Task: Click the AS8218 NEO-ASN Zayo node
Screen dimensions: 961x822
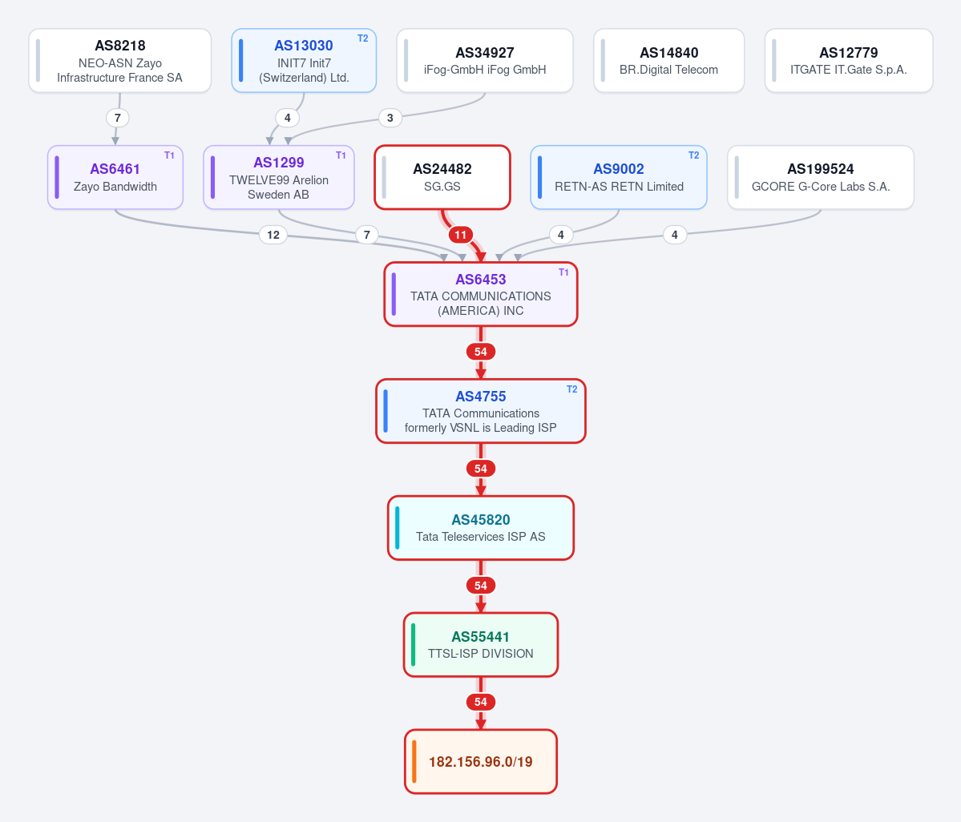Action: tap(120, 61)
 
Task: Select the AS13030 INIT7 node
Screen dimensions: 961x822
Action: tap(304, 61)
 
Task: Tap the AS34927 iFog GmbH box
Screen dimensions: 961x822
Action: tap(485, 61)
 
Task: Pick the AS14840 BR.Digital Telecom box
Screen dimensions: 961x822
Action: tap(668, 61)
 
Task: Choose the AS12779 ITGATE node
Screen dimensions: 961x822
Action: tap(849, 61)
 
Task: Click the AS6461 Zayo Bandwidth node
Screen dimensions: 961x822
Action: tap(115, 177)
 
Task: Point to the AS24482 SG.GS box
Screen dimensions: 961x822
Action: tap(442, 177)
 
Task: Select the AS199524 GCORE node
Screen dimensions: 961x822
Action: tap(821, 177)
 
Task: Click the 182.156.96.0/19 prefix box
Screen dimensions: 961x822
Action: tap(481, 761)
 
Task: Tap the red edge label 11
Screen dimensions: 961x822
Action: tap(461, 235)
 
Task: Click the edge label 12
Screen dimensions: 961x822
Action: tap(273, 235)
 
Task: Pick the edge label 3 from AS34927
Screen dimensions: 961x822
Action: tap(390, 118)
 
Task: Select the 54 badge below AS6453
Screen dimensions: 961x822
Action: tap(481, 352)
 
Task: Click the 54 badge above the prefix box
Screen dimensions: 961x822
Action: tap(481, 702)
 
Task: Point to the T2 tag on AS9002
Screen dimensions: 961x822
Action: tap(694, 155)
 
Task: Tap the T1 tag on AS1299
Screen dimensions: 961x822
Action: tap(341, 155)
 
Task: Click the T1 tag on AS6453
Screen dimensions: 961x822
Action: tap(563, 272)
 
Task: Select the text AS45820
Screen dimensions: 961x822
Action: tap(481, 519)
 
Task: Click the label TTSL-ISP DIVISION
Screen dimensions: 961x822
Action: tap(481, 654)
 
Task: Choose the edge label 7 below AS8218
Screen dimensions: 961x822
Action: tap(118, 118)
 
